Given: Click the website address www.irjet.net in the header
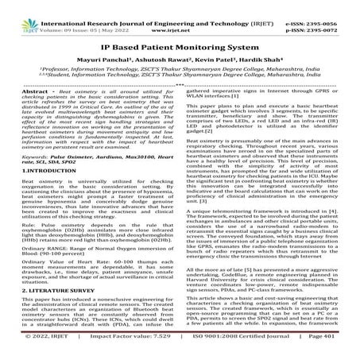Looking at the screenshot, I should (179, 15).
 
